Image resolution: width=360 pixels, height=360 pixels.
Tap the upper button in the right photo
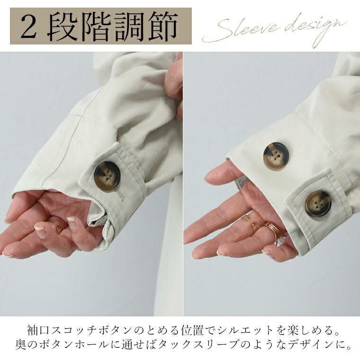276,156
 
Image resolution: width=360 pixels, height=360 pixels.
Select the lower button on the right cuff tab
318,204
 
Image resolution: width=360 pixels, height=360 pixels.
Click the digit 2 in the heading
28,26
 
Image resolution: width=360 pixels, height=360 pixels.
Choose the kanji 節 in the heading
163,26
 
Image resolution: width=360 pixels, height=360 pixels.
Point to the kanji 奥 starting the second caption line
21,344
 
